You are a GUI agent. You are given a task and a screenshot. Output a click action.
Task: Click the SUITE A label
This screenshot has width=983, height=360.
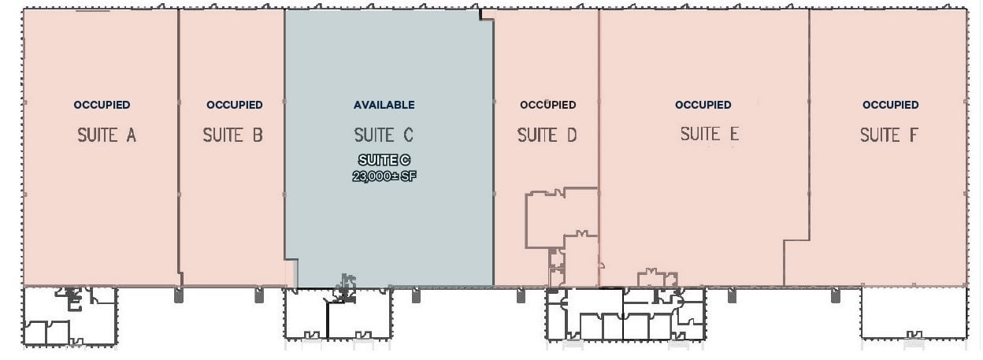(106, 135)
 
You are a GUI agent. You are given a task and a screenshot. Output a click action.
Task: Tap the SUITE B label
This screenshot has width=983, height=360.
(232, 135)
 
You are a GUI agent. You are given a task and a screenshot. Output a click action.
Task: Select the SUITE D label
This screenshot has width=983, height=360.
(547, 135)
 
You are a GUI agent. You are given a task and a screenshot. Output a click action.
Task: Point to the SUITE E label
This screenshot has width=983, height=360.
(710, 135)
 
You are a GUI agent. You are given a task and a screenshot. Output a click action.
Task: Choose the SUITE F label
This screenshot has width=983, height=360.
(888, 135)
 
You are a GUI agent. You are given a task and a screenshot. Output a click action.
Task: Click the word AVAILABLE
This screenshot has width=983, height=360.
(384, 105)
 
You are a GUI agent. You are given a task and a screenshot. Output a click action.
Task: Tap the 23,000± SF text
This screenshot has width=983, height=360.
(384, 176)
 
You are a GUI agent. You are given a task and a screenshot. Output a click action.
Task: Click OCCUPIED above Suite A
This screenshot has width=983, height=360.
(102, 105)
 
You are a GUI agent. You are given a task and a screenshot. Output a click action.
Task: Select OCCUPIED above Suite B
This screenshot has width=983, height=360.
(234, 105)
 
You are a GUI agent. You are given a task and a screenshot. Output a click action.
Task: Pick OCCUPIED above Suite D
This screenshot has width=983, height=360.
(547, 105)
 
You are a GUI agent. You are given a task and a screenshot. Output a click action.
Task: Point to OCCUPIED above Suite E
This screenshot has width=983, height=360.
(703, 105)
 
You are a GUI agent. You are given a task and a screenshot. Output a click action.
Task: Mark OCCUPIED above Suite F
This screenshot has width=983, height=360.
(890, 105)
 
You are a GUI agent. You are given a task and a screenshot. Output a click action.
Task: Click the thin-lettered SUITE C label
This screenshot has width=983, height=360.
(384, 135)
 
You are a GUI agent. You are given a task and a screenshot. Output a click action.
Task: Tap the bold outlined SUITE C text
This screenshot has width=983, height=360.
(384, 161)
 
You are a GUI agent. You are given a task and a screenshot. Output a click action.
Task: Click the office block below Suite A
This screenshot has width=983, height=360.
(70, 317)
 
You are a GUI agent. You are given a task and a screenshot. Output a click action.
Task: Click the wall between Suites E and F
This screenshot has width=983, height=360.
(809, 126)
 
